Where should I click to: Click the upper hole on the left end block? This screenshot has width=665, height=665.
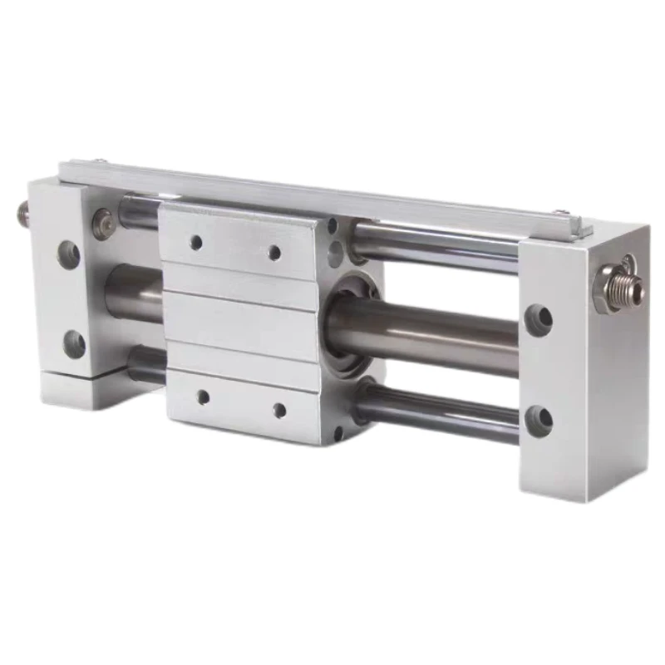click(x=69, y=254)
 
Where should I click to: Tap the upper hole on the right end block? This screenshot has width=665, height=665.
click(x=539, y=319)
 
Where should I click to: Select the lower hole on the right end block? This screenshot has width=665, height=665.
click(x=539, y=421)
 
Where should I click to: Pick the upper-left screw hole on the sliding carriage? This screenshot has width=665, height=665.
click(x=196, y=242)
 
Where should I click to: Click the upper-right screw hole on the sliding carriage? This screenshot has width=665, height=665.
click(x=274, y=252)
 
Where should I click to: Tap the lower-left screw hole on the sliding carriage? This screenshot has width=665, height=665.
click(x=202, y=397)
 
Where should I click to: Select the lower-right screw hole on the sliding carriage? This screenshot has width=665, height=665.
click(x=279, y=410)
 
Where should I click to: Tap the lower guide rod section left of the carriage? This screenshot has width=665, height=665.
click(x=148, y=364)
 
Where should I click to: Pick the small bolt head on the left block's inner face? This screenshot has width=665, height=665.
click(x=103, y=223)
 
